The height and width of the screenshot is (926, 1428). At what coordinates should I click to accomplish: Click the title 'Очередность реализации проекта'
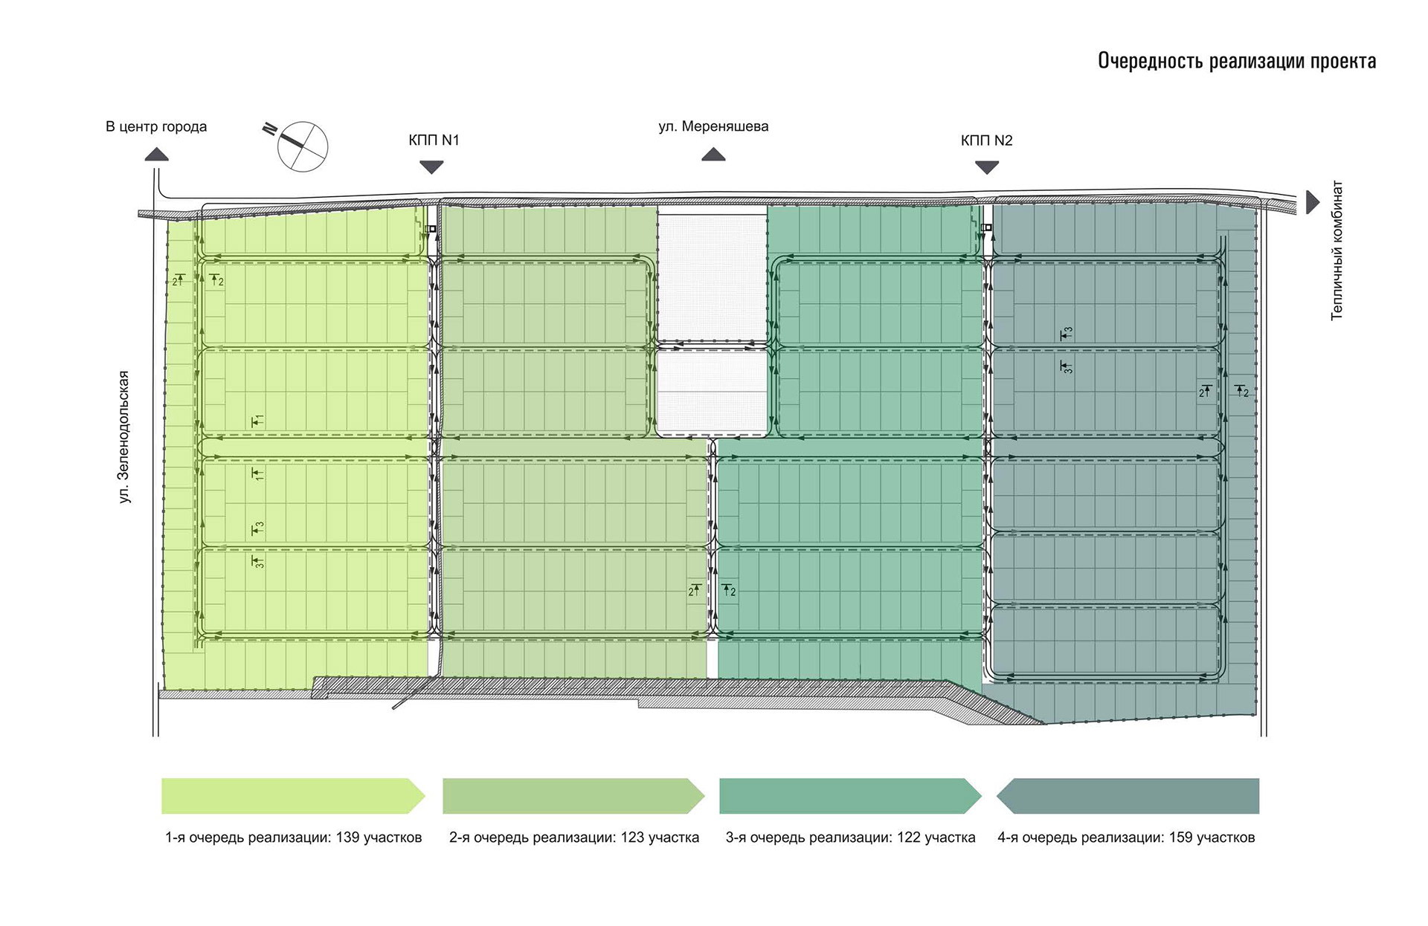point(1237,61)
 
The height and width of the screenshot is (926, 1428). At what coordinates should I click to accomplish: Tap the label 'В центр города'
point(156,126)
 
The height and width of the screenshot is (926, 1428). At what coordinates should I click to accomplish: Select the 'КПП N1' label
point(434,140)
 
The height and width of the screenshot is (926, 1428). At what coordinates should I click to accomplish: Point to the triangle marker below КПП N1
point(431,168)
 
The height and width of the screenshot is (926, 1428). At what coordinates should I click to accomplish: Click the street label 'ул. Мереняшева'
point(713,127)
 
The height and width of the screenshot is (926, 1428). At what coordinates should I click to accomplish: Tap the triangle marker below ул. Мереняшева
point(713,154)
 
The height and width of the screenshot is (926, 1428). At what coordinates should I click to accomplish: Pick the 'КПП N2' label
point(987,140)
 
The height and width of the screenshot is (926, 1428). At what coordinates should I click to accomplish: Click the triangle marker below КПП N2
point(987,168)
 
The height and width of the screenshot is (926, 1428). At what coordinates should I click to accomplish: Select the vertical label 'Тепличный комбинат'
point(1337,250)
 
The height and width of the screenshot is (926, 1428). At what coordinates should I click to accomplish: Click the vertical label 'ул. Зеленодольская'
point(124,437)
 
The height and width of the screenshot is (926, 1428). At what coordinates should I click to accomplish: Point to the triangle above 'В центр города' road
point(156,154)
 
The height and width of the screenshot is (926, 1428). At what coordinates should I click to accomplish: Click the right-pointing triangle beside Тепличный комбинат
point(1313,202)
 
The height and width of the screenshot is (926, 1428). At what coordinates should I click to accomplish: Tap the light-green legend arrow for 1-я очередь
point(293,796)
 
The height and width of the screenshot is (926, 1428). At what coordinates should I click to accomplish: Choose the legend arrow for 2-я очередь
point(573,796)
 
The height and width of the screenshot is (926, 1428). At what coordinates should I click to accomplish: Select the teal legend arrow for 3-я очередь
point(851,796)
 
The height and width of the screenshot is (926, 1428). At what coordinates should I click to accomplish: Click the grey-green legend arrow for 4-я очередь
point(1128,796)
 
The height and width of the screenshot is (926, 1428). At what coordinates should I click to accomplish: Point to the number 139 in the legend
point(348,838)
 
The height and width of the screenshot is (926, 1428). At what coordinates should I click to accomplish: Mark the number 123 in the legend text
point(632,838)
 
